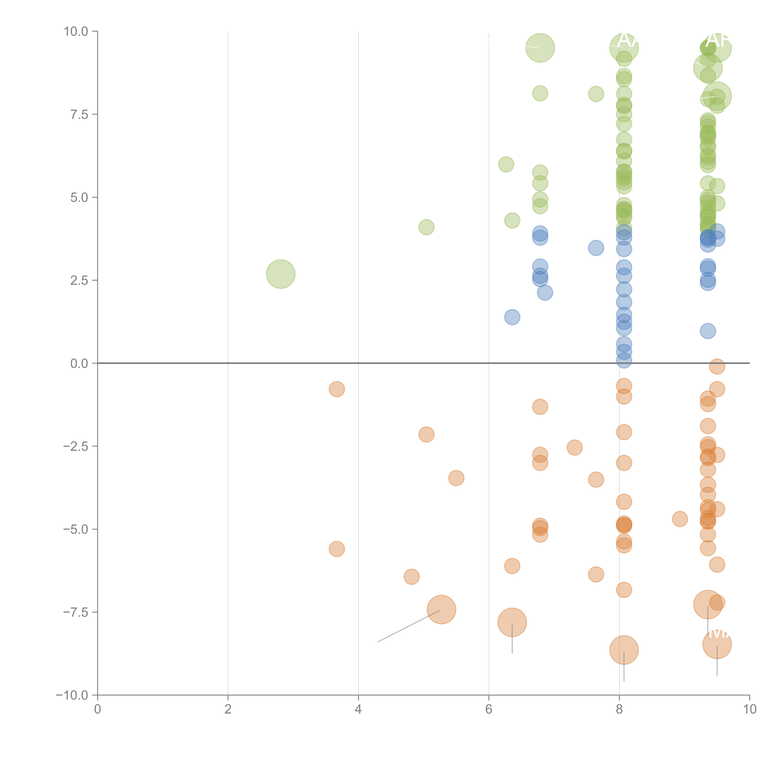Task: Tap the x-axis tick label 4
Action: [358, 709]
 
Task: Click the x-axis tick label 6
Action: [489, 709]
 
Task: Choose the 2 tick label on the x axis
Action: [228, 709]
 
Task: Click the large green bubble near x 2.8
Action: [281, 274]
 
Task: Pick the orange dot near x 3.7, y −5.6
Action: [337, 549]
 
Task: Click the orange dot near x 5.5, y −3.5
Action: [456, 478]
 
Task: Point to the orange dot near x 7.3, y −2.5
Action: [575, 448]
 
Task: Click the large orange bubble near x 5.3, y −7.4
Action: [441, 610]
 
